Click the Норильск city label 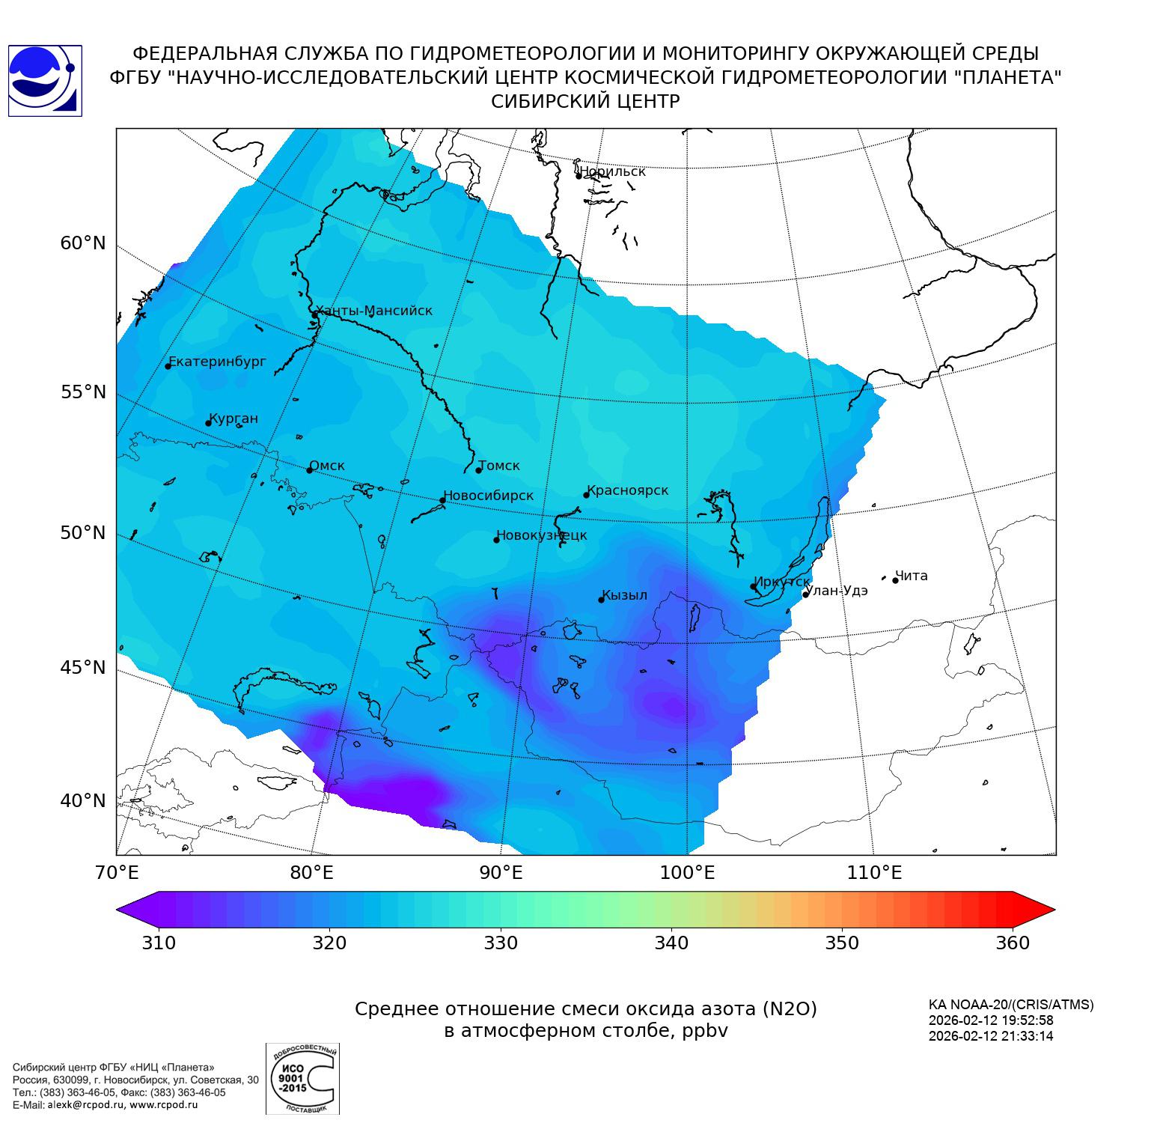(x=612, y=171)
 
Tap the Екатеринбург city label (x=217, y=362)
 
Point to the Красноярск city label (x=628, y=490)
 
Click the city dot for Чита (x=895, y=580)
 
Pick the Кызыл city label (x=625, y=595)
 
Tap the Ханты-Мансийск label (x=374, y=311)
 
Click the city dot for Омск (x=309, y=470)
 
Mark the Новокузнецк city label (x=542, y=535)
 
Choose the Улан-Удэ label (x=837, y=590)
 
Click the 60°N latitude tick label (x=83, y=243)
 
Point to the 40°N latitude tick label (x=83, y=801)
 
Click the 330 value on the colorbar (x=501, y=943)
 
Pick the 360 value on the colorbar (x=1013, y=943)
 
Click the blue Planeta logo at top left (x=44, y=81)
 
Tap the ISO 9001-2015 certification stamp (x=302, y=1079)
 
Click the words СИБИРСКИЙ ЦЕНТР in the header (x=585, y=102)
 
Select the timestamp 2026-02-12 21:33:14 (x=990, y=1036)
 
